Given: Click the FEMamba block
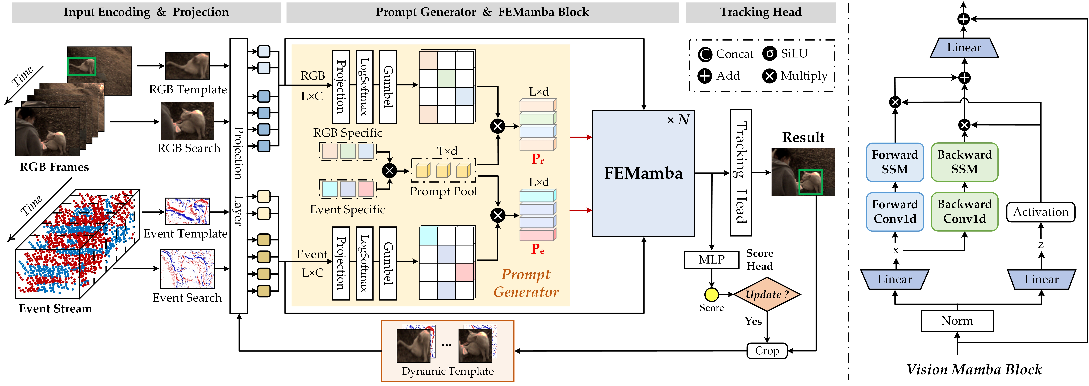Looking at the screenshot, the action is tap(643, 173).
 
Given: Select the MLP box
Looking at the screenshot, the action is tap(711, 259).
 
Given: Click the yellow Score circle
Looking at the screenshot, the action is tap(711, 294).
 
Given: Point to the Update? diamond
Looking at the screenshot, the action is tap(767, 294).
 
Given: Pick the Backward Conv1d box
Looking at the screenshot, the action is tap(964, 212).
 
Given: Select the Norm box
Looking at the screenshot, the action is tap(957, 321).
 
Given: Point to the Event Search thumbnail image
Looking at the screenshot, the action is tap(187, 269).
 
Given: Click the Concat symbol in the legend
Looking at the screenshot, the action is tap(705, 54).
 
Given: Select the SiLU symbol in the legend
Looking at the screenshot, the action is tap(769, 54).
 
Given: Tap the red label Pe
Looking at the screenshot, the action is tap(537, 249).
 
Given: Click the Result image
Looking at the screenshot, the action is tap(803, 172).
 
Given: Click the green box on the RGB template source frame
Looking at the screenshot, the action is tap(82, 66).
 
